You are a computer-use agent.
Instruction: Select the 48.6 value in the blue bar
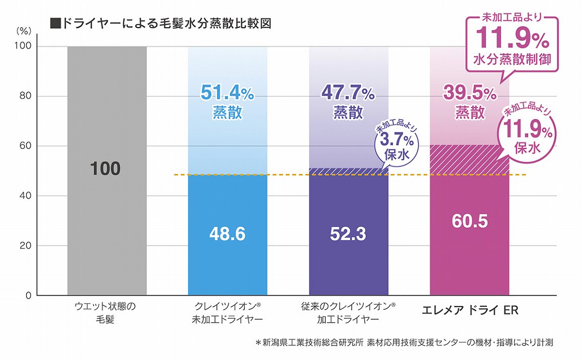tap(227, 234)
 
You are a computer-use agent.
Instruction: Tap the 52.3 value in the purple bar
tap(348, 234)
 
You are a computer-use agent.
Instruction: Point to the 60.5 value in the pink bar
tap(469, 221)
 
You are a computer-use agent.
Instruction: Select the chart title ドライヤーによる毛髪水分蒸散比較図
tap(161, 24)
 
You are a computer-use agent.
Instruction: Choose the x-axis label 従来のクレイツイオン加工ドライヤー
tap(349, 312)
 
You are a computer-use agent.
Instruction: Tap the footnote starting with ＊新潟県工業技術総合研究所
tap(404, 343)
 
